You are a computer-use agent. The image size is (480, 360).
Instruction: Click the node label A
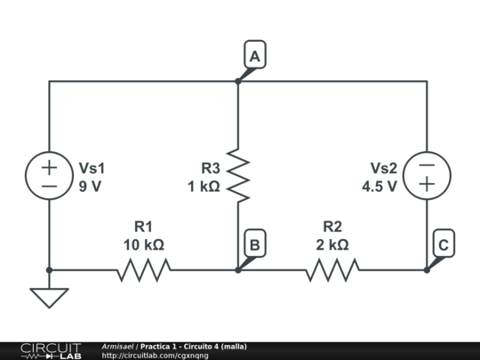point(255,56)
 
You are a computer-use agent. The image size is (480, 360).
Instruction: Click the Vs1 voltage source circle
point(49,175)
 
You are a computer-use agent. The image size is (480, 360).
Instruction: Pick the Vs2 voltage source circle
point(427,175)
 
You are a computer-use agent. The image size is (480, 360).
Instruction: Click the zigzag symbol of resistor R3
point(238,175)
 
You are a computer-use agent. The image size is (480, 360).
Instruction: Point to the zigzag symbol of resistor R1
point(143,269)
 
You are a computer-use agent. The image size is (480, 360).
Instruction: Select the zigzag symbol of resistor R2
point(332,269)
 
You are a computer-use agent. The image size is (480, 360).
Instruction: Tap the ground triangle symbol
point(49,297)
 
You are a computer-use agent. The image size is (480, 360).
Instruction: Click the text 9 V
point(91,187)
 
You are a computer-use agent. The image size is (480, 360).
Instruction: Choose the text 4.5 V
point(380,187)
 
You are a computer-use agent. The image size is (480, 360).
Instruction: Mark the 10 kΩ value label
point(143,244)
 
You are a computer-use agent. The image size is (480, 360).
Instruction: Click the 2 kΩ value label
point(332,244)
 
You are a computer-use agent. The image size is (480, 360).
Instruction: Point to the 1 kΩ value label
point(204,187)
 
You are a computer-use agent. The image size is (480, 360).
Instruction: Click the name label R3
point(210,168)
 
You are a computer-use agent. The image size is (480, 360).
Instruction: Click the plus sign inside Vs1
point(49,166)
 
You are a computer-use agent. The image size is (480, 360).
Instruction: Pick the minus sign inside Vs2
point(427,166)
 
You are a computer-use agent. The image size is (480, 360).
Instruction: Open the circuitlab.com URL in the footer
point(156,356)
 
